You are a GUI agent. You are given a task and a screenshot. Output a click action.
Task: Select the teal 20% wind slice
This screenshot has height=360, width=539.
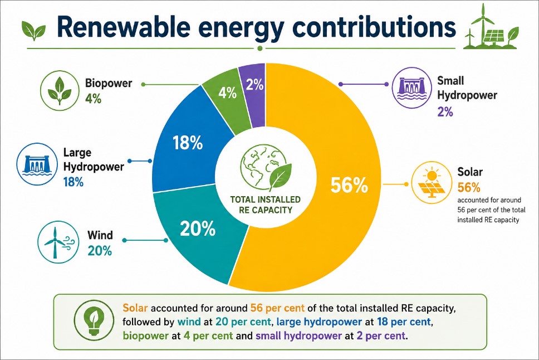click(x=196, y=234)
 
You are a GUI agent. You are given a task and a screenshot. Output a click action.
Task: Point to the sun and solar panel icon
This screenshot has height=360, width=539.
click(x=432, y=183)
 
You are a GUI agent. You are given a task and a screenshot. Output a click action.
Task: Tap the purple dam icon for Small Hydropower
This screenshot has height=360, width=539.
click(x=412, y=87)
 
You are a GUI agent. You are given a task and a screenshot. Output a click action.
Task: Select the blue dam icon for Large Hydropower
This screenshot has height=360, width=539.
click(x=37, y=164)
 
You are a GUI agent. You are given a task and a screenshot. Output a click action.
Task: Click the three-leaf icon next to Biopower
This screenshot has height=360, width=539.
click(x=60, y=90)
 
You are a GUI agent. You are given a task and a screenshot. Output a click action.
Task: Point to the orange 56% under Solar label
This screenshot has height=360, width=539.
click(x=469, y=188)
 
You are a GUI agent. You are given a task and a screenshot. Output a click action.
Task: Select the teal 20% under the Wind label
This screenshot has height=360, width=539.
click(x=100, y=251)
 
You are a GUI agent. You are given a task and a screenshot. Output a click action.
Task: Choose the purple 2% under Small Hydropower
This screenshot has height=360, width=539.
click(x=445, y=112)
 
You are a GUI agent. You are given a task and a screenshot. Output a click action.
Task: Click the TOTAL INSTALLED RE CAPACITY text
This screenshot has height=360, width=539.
click(x=266, y=205)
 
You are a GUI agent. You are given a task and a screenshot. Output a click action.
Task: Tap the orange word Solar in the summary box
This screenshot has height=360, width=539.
click(x=135, y=308)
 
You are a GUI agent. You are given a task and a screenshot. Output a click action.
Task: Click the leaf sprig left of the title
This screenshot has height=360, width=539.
click(x=33, y=31)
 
